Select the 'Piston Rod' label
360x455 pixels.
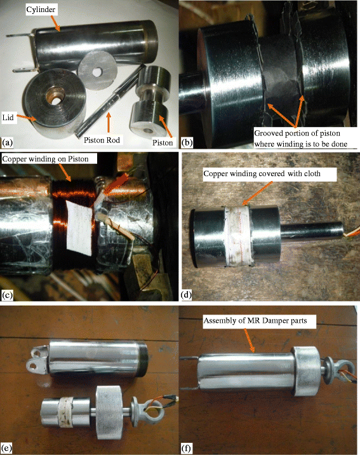pyautogui.click(x=106, y=136)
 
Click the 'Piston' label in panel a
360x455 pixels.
pyautogui.click(x=161, y=135)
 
